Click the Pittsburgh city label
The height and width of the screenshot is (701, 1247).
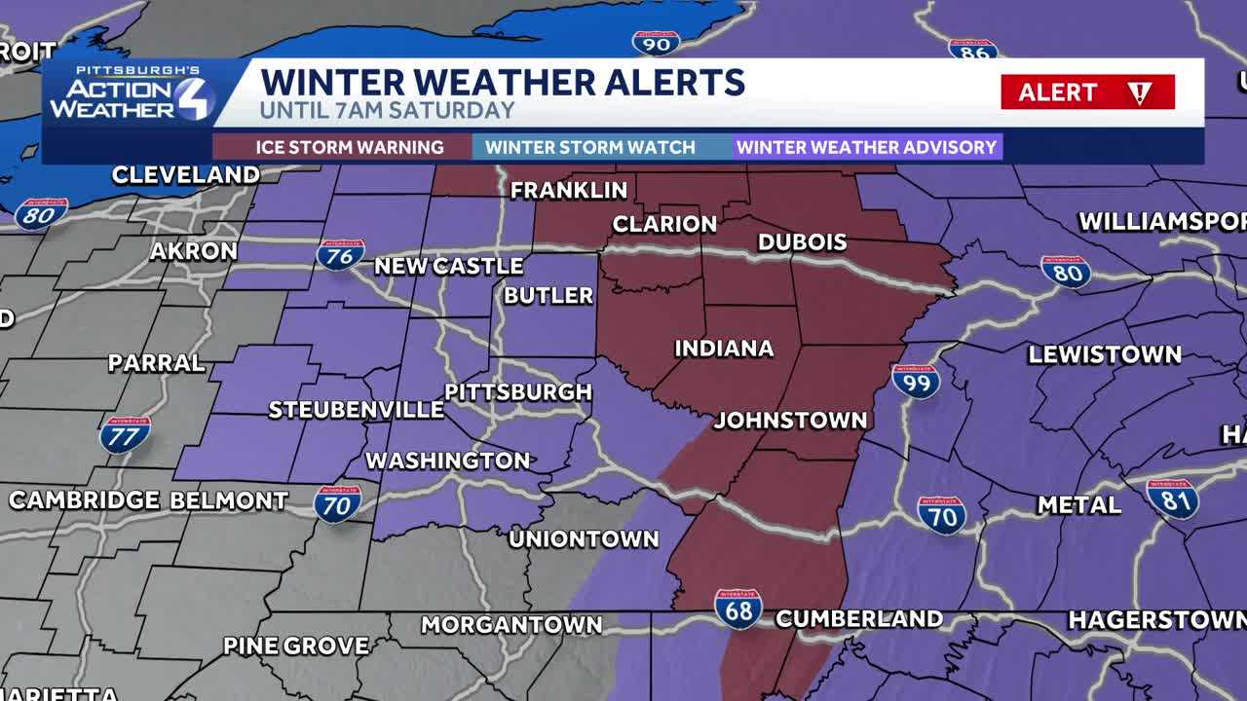518,391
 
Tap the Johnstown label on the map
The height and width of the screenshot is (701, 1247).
790,421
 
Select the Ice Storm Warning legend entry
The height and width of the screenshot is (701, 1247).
350,147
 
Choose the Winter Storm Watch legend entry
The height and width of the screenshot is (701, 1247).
590,147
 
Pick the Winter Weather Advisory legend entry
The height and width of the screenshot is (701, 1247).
866,147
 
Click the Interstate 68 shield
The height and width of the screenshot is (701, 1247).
737,609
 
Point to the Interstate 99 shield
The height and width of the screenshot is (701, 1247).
916,381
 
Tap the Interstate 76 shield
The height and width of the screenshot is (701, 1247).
340,254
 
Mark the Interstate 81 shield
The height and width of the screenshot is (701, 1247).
1172,498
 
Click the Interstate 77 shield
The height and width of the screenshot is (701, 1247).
125,434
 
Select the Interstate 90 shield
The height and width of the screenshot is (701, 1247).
655,42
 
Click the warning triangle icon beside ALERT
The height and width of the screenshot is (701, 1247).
1139,92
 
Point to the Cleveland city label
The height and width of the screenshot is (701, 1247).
185,175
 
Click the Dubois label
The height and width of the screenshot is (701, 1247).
802,241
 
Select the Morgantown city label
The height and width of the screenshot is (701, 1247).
511,625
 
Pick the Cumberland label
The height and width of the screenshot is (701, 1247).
859,619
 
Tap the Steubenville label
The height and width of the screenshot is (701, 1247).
356,410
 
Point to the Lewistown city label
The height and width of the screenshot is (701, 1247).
1105,354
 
